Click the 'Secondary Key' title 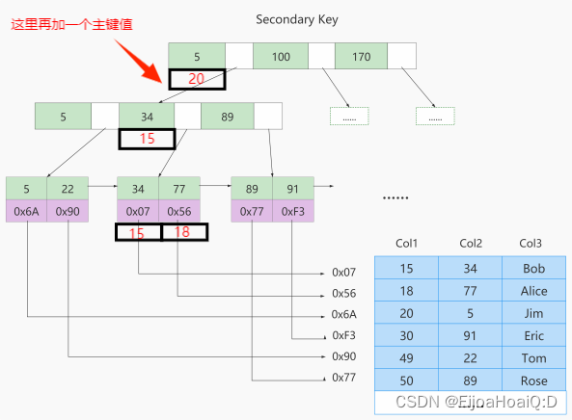297,19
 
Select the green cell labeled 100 281,57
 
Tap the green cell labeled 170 361,57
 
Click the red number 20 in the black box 197,80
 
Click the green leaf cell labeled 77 178,189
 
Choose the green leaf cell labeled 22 68,189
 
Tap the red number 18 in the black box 182,233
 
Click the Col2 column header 470,243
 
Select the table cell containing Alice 533,291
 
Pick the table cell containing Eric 533,336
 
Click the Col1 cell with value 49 406,358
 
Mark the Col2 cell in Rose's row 470,381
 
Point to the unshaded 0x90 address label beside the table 344,356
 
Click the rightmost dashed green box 435,116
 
